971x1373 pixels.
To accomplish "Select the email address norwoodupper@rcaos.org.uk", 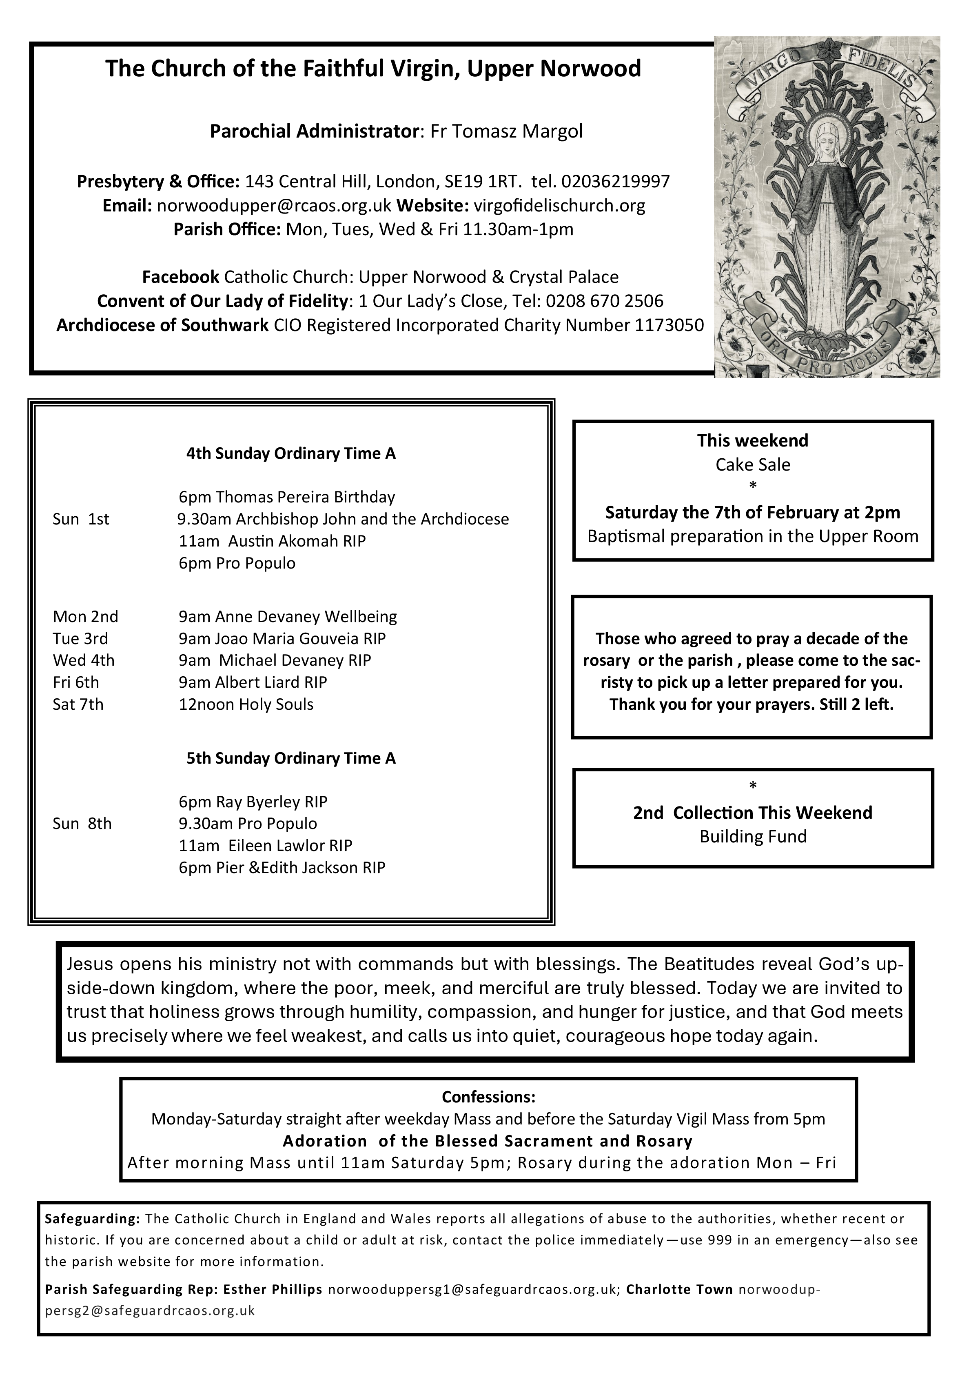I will [274, 206].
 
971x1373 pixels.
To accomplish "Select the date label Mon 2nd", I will [86, 617].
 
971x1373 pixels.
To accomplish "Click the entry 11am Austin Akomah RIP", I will [272, 541].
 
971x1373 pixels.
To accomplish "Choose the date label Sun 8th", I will [82, 824].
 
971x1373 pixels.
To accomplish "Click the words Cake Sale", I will [752, 464].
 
